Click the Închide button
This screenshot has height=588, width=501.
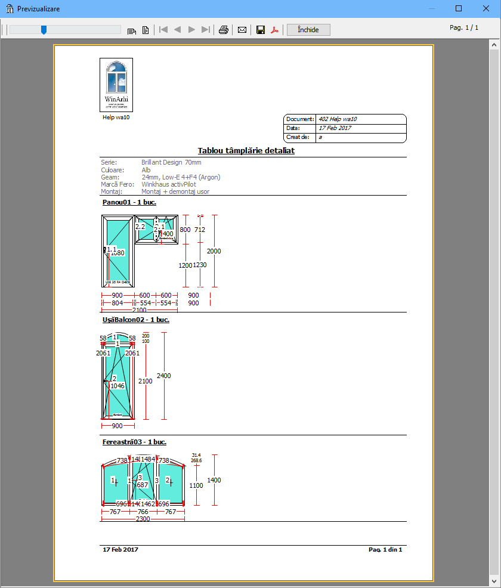(x=308, y=30)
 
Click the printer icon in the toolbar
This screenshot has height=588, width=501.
(x=223, y=30)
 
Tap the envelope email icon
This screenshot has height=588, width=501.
(x=242, y=30)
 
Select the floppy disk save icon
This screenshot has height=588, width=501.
(x=261, y=30)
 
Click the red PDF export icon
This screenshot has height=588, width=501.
(x=275, y=30)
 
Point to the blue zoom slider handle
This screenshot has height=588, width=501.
(x=44, y=29)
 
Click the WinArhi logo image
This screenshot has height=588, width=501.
(x=116, y=85)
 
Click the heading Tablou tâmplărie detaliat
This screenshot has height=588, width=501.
(x=246, y=151)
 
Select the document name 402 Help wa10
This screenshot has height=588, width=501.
(x=338, y=119)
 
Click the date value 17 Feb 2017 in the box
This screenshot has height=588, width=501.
(x=335, y=128)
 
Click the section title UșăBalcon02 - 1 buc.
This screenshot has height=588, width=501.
(x=135, y=320)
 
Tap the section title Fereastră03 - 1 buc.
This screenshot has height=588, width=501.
(x=134, y=442)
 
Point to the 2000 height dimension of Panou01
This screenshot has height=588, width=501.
(x=214, y=251)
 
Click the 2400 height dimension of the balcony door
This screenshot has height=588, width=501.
(x=163, y=376)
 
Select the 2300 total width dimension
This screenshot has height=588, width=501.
(x=143, y=519)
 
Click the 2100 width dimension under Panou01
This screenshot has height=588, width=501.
(x=139, y=310)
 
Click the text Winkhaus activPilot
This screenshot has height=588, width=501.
(x=169, y=185)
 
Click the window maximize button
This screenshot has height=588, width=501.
(x=459, y=9)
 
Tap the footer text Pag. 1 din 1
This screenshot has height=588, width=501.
(x=385, y=549)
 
